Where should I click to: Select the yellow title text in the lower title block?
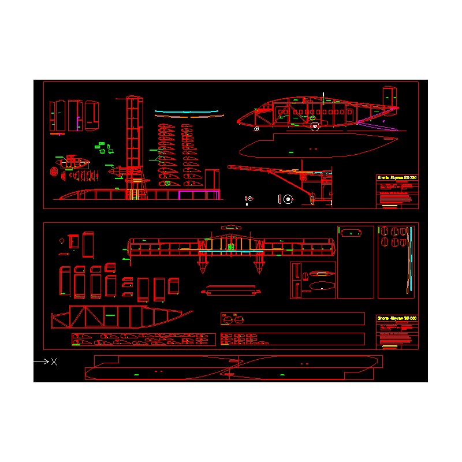pos(396,318)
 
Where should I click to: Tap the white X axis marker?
pos(54,362)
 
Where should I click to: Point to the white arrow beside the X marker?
pos(41,362)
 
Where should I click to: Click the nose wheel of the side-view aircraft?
pos(256,129)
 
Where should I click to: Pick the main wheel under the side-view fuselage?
pos(315,126)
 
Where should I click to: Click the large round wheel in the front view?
pos(288,199)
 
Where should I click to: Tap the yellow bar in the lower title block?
pos(390,346)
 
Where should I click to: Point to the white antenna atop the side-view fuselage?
pos(323,95)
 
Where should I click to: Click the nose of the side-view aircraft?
pos(240,121)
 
